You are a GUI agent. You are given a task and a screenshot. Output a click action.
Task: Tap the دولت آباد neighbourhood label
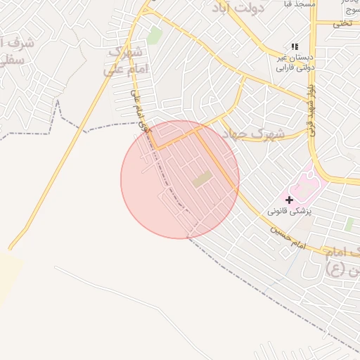(x=239, y=8)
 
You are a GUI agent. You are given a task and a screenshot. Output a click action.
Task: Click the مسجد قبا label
(x=301, y=4)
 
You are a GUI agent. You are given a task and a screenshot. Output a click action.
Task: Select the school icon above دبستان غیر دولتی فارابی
(x=295, y=46)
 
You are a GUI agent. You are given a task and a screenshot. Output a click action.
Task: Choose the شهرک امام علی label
(x=125, y=60)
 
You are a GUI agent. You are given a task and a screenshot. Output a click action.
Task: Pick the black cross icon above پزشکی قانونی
(x=289, y=200)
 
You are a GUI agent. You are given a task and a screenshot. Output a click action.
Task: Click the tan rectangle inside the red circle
(x=202, y=179)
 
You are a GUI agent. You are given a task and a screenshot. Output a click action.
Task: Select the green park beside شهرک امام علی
(x=155, y=35)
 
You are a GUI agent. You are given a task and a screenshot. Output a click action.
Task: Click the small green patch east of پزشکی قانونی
(x=349, y=224)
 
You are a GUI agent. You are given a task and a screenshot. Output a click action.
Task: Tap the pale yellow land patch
(x=8, y=278)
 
